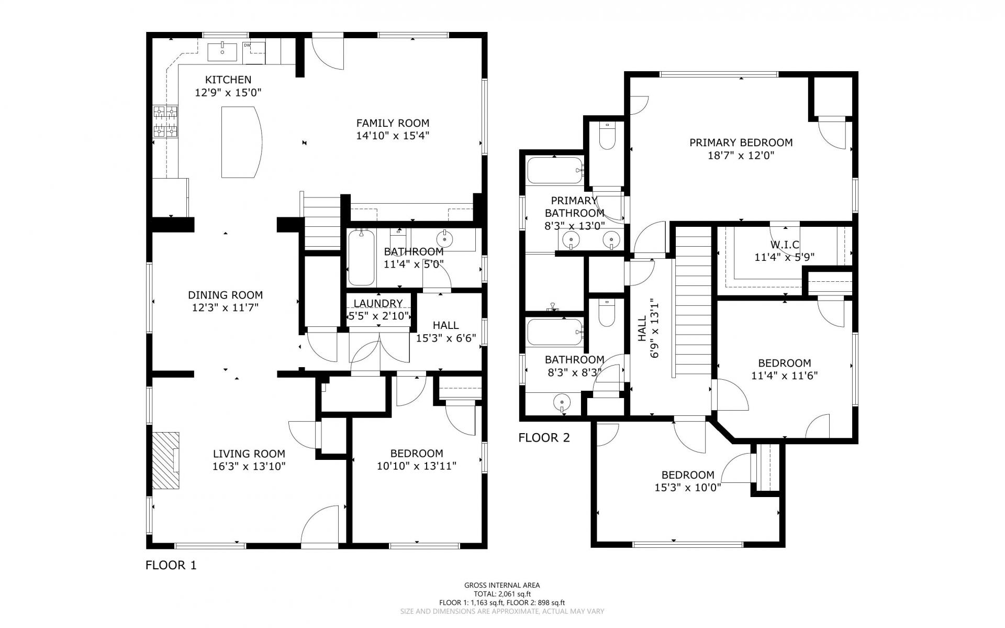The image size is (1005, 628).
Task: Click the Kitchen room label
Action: (x=228, y=80)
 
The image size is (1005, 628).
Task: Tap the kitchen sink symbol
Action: (x=222, y=52)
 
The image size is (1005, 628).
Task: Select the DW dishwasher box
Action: (x=254, y=53)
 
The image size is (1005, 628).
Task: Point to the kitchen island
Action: (x=241, y=142)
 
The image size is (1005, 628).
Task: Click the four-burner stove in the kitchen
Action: (x=165, y=122)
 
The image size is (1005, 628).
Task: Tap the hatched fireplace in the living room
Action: (x=166, y=461)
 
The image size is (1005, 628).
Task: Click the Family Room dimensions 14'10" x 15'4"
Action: (x=393, y=136)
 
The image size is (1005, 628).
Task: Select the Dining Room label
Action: (x=225, y=295)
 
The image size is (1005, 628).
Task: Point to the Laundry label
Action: (x=378, y=303)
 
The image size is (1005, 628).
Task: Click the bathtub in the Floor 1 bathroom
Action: (x=362, y=257)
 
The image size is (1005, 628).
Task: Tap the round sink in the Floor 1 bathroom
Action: (x=445, y=239)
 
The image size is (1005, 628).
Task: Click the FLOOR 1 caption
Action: (x=171, y=565)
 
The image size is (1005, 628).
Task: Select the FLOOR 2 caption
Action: (x=544, y=438)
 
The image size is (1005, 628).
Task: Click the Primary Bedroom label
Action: (x=741, y=142)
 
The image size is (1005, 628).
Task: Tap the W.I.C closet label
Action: (x=785, y=245)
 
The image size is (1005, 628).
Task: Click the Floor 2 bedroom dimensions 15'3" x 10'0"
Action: (x=688, y=488)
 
